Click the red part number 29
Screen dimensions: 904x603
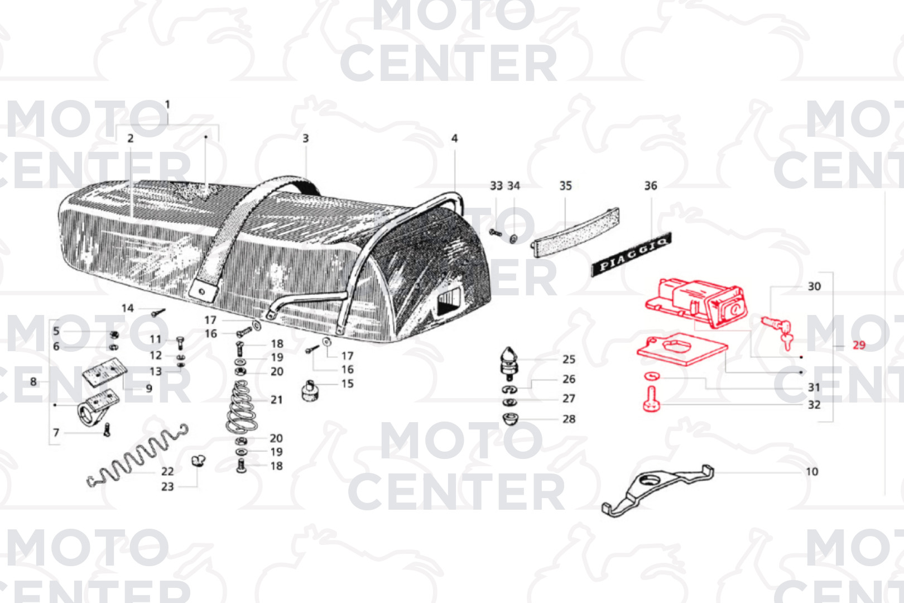(859, 345)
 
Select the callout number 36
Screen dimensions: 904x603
(651, 186)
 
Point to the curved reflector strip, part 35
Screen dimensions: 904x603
(575, 232)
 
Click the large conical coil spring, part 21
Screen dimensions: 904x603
(241, 406)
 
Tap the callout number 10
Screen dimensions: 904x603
(811, 471)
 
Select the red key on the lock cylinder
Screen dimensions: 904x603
(787, 341)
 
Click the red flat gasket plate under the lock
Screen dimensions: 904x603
(682, 350)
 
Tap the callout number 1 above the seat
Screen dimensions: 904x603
(167, 104)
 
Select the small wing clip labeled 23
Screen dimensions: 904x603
(199, 461)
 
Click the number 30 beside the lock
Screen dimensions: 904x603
(814, 286)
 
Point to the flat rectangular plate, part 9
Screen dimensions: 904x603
(104, 375)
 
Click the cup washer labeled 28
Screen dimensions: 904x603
(510, 419)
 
